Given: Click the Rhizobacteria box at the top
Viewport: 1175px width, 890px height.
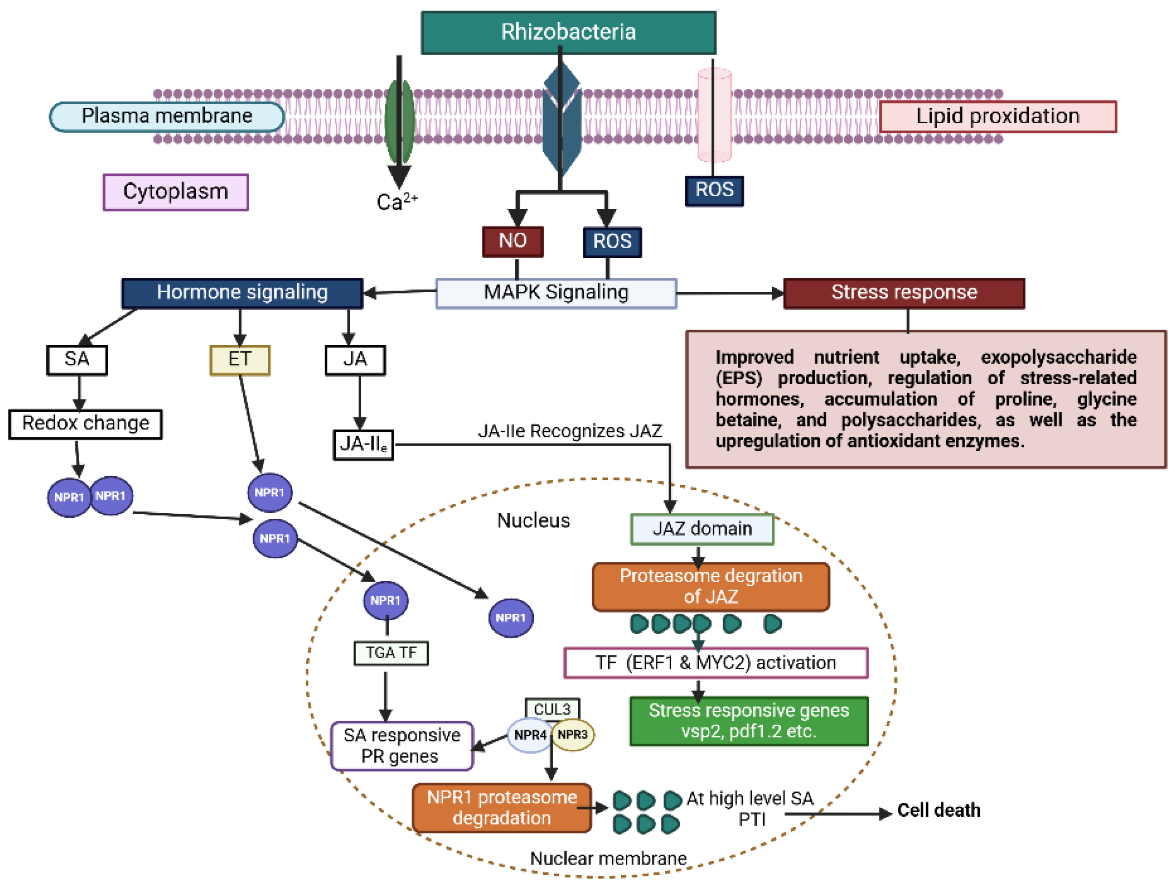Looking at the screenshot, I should pos(568,32).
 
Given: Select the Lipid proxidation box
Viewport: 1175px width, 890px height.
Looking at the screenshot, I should pos(997,116).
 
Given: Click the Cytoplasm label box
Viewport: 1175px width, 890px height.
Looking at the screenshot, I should pos(175,192).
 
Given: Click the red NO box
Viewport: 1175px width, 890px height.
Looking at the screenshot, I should pos(513,241).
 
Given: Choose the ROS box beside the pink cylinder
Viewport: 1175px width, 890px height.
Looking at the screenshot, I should pos(714,190).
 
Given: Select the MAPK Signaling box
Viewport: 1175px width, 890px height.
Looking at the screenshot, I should pos(556,293).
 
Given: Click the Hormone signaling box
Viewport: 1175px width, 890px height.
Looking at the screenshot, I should pos(242,293).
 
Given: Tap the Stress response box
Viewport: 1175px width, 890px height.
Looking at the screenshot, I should pos(903,293).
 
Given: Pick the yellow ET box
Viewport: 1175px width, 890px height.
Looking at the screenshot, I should pos(240,360).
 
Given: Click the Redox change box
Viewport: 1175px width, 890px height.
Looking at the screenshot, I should pos(86,423).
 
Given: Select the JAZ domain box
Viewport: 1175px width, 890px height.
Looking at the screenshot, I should pos(702,529).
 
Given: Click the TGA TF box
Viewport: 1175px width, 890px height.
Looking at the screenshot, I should pos(391,653).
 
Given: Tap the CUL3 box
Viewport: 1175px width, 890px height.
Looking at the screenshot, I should pos(552,709).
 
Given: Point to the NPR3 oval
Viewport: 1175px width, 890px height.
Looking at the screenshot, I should pos(573,734).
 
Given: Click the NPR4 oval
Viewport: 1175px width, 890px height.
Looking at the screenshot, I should pos(529,735).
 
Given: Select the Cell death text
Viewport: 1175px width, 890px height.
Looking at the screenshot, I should pos(938,810).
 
